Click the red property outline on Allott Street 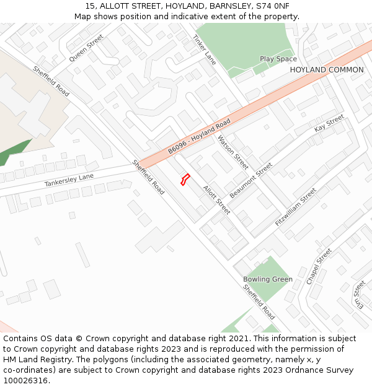tap(184, 180)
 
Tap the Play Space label tap(278, 59)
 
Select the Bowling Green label tap(268, 279)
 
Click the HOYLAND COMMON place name tap(327, 70)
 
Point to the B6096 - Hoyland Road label tap(198, 137)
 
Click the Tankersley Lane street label tap(69, 180)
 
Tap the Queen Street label tap(86, 48)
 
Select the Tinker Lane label tap(204, 50)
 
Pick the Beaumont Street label tap(250, 180)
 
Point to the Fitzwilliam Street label tap(296, 206)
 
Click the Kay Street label tap(329, 123)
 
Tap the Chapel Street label tap(319, 266)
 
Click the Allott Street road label tap(216, 199)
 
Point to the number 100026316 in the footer tap(27, 381)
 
